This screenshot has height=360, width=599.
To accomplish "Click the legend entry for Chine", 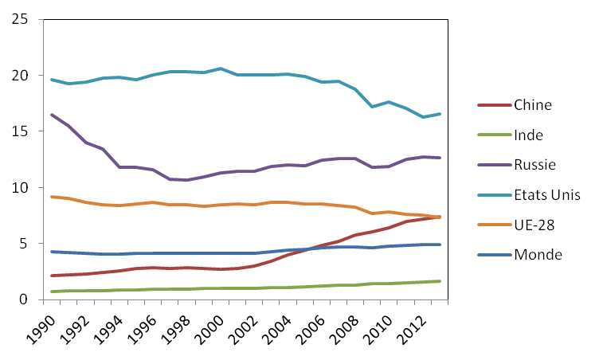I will pyautogui.click(x=533, y=104).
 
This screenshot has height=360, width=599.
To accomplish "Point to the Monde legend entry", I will pyautogui.click(x=536, y=255).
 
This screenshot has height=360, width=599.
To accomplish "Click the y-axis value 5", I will pyautogui.click(x=25, y=244).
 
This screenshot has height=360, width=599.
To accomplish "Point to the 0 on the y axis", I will pyautogui.click(x=25, y=300).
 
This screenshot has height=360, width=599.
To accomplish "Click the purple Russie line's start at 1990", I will pyautogui.click(x=52, y=115).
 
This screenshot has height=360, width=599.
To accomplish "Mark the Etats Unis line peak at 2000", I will pyautogui.click(x=221, y=68).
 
